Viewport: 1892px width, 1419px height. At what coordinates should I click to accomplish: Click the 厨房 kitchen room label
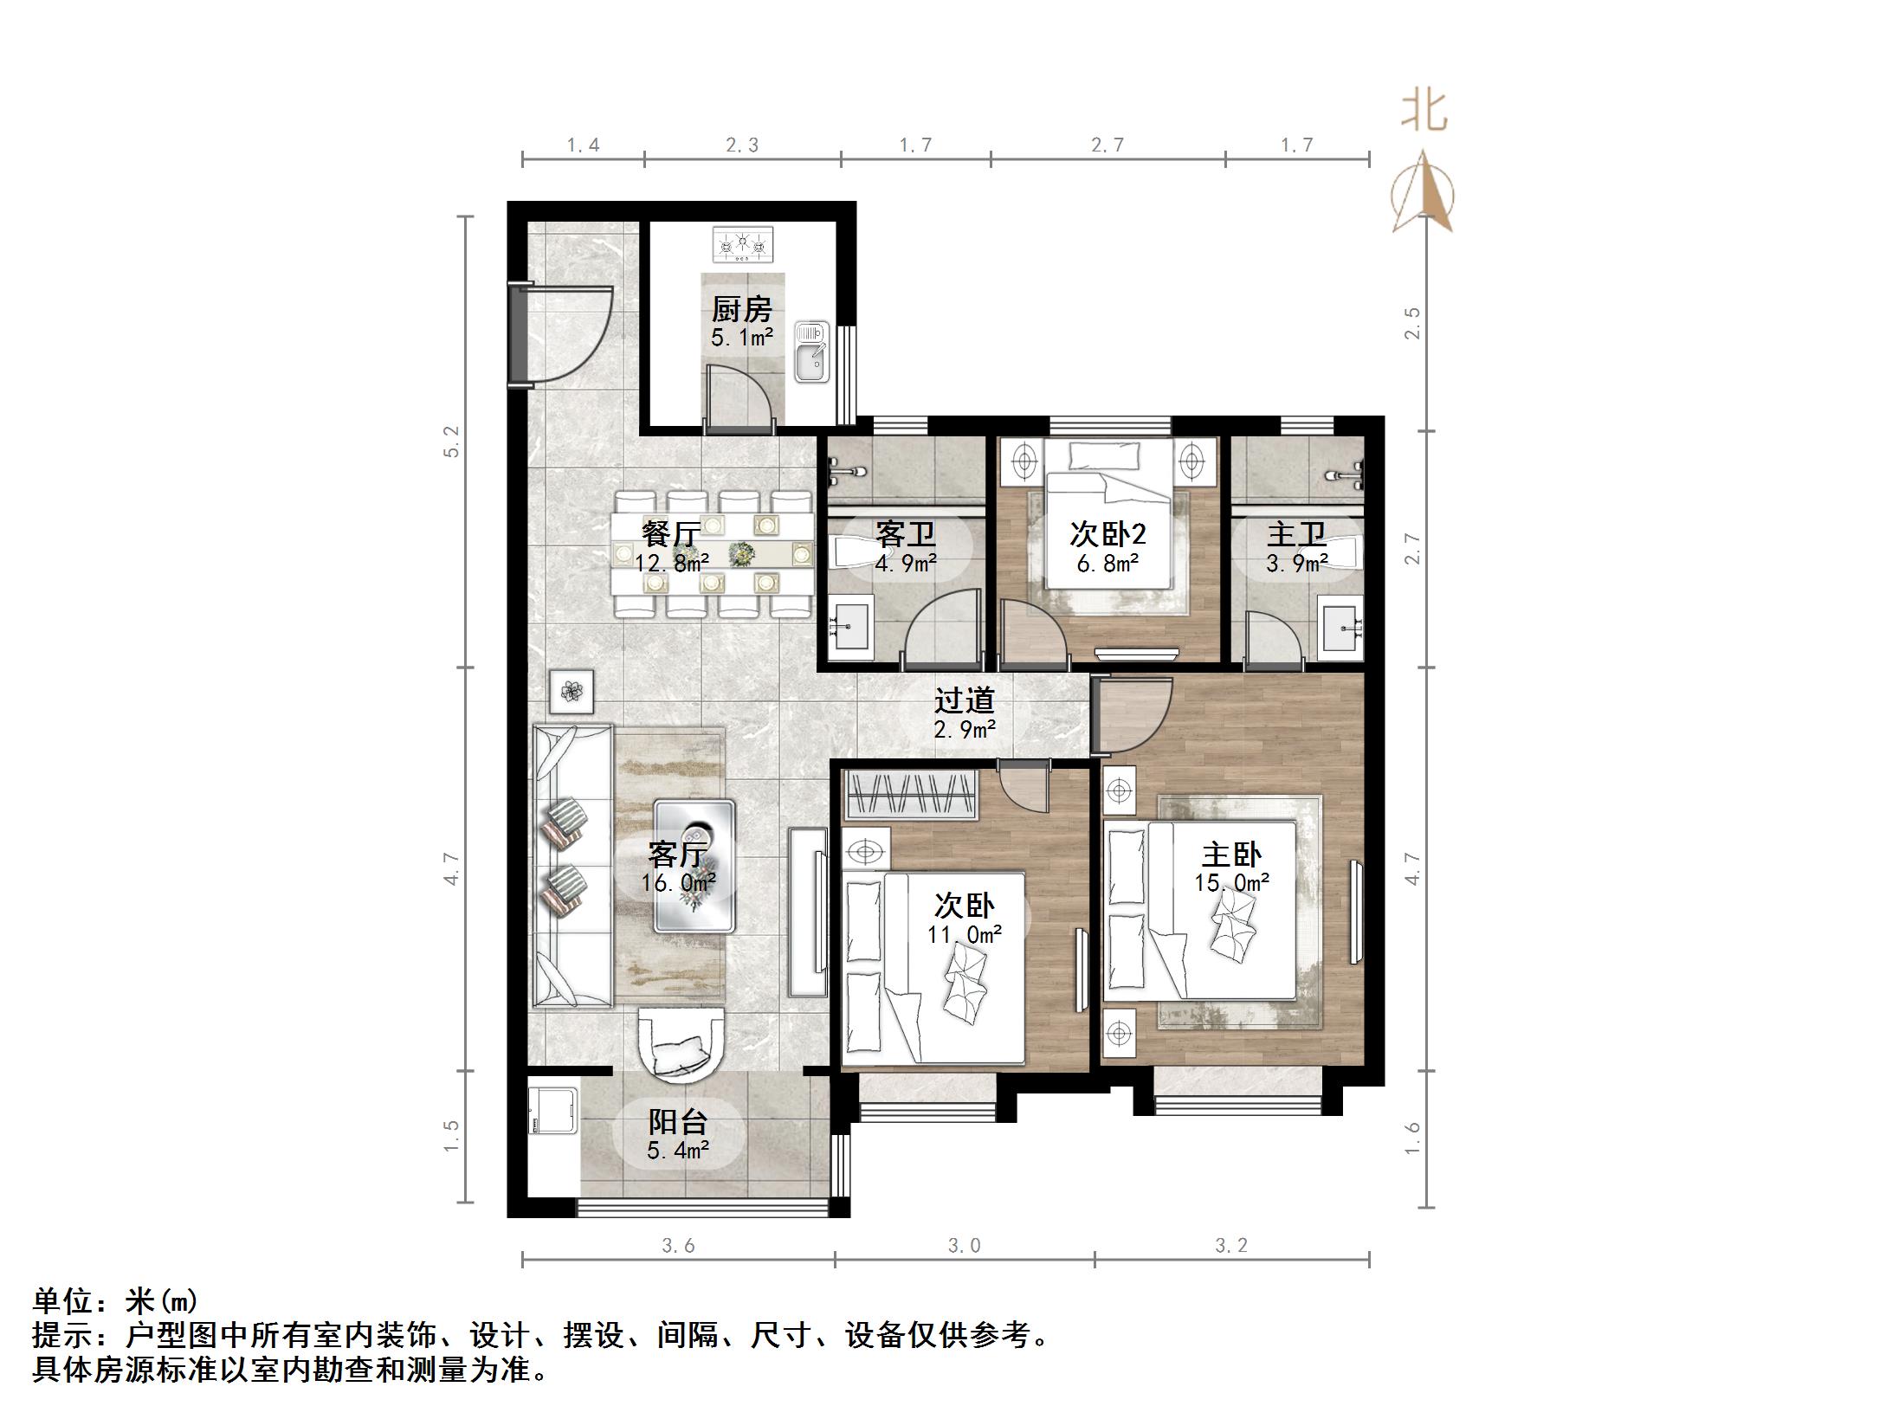(741, 309)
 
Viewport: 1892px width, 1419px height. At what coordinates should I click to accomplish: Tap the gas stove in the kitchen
(742, 244)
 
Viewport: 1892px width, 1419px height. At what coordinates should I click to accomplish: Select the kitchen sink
(811, 352)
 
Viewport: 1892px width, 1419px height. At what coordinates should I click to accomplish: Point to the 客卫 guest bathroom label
(906, 534)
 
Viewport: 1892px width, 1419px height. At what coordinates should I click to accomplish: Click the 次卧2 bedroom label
(1107, 534)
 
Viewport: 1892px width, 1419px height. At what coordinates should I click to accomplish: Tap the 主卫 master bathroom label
(1296, 534)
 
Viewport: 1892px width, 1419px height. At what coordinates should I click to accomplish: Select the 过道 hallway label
(965, 700)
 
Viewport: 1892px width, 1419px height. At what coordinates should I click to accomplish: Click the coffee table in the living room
(694, 865)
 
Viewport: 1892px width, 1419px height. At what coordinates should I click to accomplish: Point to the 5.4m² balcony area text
(678, 1151)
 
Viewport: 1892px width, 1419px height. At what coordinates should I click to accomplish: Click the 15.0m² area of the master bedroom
(1231, 882)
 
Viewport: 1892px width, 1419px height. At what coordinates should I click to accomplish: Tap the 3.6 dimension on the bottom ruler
(678, 1246)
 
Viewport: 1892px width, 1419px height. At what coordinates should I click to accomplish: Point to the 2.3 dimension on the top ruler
(741, 145)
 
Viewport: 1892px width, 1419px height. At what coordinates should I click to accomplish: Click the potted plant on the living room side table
(571, 691)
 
